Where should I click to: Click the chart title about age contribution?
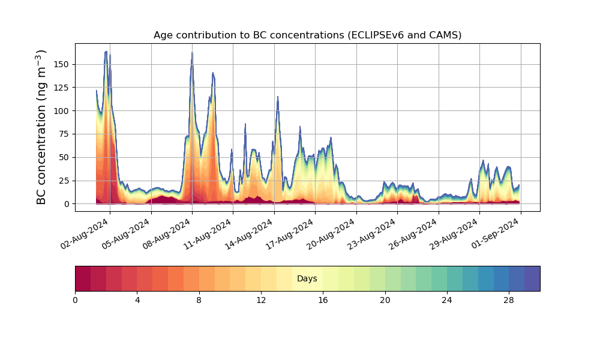[x=307, y=35]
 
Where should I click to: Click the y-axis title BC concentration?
[x=41, y=127]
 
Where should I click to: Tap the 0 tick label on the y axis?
[x=67, y=204]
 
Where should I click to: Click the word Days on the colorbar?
[x=307, y=279]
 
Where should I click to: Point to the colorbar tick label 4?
[x=137, y=300]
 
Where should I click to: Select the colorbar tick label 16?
[x=323, y=300]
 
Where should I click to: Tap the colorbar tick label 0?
[x=75, y=300]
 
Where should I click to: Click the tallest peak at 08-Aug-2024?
[x=192, y=53]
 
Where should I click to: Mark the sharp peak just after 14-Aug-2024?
[x=277, y=97]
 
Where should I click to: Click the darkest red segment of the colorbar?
[x=83, y=278]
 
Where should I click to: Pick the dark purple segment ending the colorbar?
[x=532, y=278]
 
